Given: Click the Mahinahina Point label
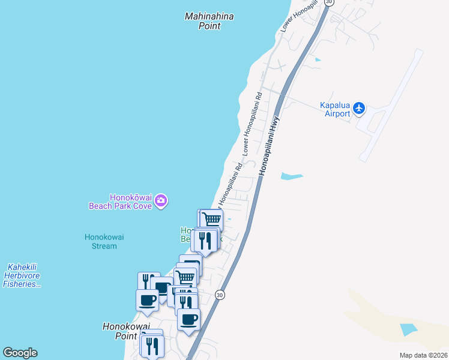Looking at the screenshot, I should (209, 21).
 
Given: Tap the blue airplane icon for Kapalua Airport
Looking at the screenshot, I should (359, 108).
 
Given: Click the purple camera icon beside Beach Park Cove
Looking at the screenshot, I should (160, 200).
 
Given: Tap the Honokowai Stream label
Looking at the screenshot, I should (104, 241).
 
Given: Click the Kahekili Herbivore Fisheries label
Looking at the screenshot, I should (23, 275).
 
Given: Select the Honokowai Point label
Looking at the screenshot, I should (125, 331).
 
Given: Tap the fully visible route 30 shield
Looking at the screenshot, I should (220, 295).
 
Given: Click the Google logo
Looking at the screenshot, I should (20, 353).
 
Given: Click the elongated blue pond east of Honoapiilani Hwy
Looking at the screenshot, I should (292, 176).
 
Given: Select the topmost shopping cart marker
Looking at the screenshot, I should (211, 219).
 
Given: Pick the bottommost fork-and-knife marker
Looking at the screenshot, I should (152, 345).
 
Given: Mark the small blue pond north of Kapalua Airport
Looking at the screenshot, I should (317, 59).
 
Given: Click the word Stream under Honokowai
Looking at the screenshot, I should (104, 246).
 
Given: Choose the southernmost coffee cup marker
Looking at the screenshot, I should (188, 319).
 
